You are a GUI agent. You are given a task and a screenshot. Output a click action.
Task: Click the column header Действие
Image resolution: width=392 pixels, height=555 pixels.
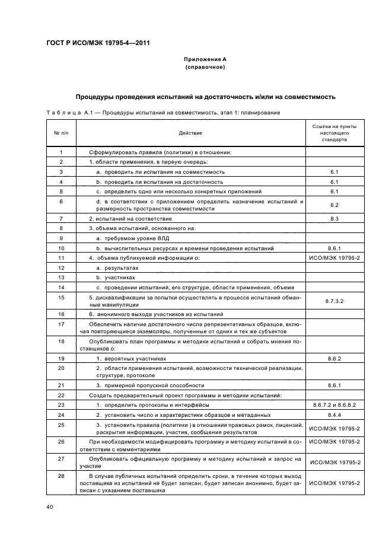tap(190, 133)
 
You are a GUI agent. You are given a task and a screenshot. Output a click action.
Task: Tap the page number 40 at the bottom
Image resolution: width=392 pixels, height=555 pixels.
tap(50, 506)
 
